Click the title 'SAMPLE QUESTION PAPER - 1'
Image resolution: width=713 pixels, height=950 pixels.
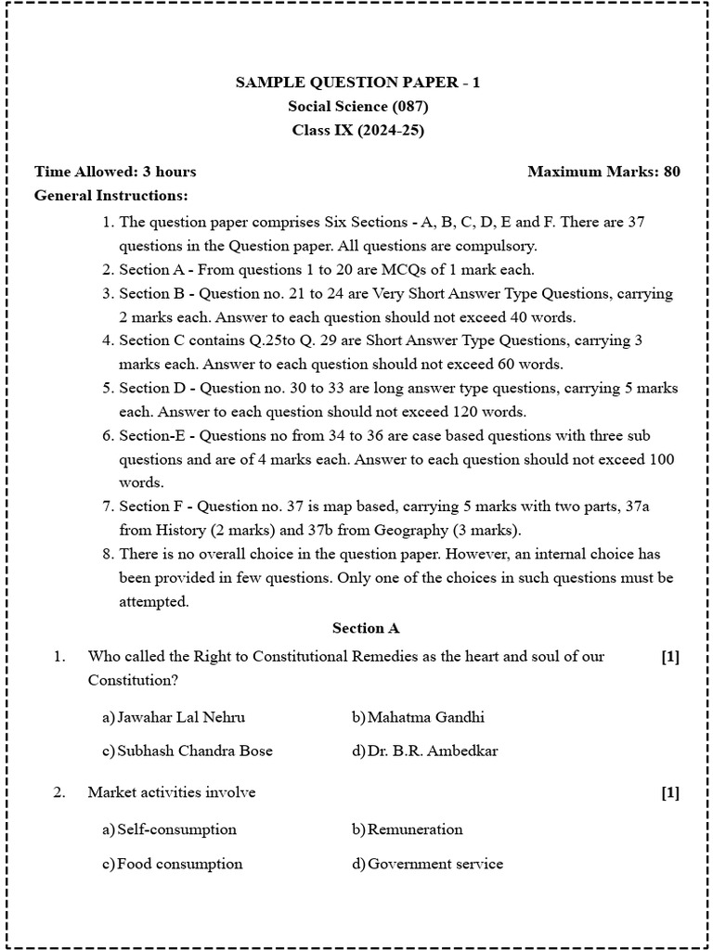pyautogui.click(x=357, y=83)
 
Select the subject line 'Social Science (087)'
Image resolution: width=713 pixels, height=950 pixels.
pyautogui.click(x=357, y=107)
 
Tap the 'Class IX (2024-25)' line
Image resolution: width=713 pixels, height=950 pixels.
pyautogui.click(x=357, y=131)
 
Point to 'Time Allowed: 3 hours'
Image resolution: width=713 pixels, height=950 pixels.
pyautogui.click(x=115, y=172)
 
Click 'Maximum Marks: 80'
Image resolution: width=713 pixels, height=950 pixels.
pyautogui.click(x=603, y=172)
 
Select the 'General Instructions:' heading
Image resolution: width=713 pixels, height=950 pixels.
pyautogui.click(x=110, y=196)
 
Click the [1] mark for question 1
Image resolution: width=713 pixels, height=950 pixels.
pyautogui.click(x=670, y=657)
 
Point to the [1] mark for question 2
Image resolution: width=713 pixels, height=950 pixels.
pyautogui.click(x=670, y=793)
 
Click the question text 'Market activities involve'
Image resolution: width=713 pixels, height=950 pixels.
pyautogui.click(x=172, y=793)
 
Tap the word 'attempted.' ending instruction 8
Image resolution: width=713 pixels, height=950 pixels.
pyautogui.click(x=153, y=601)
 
